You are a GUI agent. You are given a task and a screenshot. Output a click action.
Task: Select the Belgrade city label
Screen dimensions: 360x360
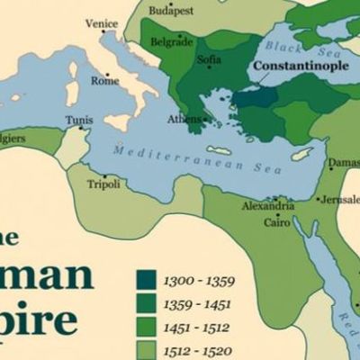172,41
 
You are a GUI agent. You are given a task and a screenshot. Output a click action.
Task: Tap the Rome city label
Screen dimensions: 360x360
104,81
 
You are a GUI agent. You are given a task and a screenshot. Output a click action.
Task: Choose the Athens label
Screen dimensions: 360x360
183,119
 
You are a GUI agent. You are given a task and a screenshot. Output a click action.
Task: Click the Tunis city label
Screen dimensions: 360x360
78,120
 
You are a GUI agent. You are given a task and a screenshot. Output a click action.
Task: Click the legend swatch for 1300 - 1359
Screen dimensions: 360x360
146,279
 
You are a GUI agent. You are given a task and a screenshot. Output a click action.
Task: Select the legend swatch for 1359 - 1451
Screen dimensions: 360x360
146,302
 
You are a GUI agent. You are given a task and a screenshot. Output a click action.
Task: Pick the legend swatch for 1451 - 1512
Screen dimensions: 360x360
146,326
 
